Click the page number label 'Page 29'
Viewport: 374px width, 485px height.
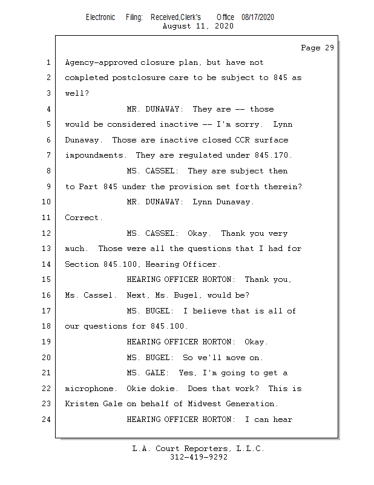pyautogui.click(x=317, y=48)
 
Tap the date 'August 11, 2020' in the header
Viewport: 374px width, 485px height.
pyautogui.click(x=198, y=26)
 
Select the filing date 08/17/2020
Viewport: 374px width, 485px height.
pyautogui.click(x=257, y=18)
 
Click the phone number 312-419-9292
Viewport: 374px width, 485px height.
pyautogui.click(x=198, y=458)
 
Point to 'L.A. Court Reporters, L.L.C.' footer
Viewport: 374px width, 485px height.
pyautogui.click(x=198, y=449)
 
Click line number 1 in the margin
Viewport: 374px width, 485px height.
pyautogui.click(x=48, y=62)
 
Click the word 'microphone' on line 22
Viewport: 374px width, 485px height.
pyautogui.click(x=88, y=389)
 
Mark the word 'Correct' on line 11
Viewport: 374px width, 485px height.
pyautogui.click(x=83, y=218)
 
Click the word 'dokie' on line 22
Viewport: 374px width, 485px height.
pyautogui.click(x=166, y=389)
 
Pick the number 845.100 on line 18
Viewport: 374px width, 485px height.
pyautogui.click(x=168, y=326)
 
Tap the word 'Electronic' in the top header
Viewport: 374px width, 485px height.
pyautogui.click(x=100, y=18)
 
